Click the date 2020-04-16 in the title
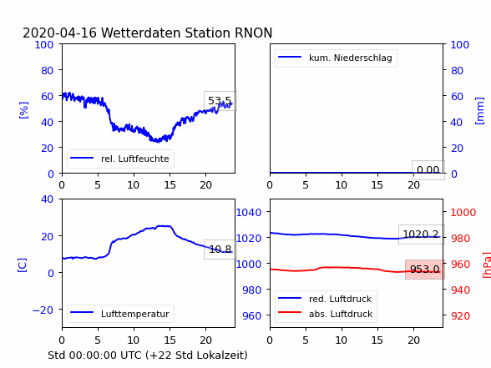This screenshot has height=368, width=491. (x=59, y=33)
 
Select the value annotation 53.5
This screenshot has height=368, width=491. (x=220, y=101)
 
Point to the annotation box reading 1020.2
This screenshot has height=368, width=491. (x=421, y=234)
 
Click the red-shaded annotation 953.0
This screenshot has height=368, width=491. (x=425, y=269)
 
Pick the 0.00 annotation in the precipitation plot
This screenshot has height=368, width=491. (x=428, y=170)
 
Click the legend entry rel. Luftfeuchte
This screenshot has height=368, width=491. (x=120, y=159)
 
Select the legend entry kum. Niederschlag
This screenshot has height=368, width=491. (x=336, y=58)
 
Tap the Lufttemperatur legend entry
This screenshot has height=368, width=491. (x=120, y=314)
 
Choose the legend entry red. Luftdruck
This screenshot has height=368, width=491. (x=326, y=299)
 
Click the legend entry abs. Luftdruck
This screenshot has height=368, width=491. (x=326, y=314)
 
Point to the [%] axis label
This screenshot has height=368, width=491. (x=23, y=110)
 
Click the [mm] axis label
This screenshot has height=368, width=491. (x=479, y=111)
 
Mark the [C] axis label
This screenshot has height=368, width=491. (x=23, y=265)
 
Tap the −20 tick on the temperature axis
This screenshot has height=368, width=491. (x=43, y=310)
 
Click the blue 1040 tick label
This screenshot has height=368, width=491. (x=249, y=213)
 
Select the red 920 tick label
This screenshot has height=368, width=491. (x=460, y=315)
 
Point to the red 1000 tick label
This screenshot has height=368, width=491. (x=463, y=213)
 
